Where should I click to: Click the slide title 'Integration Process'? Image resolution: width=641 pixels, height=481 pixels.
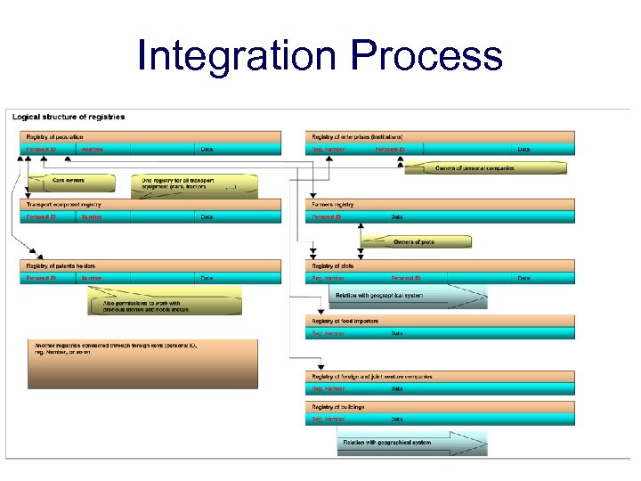point(320,55)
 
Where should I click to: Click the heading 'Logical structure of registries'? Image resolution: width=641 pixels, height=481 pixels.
point(69,117)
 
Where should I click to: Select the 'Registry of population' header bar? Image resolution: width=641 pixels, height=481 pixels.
point(150,136)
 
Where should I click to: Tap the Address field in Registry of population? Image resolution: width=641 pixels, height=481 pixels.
point(92,150)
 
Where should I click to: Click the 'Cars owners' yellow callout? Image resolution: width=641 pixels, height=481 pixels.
point(70,183)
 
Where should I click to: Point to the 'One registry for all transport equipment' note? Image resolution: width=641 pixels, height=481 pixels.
point(194,184)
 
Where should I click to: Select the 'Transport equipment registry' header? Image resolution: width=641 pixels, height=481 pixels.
point(150,204)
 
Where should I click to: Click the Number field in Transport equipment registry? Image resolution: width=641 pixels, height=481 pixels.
point(92,216)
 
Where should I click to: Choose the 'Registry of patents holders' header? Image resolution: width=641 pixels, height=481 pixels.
point(150,265)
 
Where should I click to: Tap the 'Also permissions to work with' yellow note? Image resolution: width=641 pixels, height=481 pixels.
point(164,306)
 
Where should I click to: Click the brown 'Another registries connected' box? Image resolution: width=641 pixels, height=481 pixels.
point(142,363)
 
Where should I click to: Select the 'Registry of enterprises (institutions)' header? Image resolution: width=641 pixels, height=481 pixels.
point(440,136)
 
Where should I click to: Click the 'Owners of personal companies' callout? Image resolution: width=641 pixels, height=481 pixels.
point(481,167)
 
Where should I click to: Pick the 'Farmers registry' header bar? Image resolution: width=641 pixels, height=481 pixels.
point(440,204)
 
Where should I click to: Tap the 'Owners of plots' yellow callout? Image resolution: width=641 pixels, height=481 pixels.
point(417,241)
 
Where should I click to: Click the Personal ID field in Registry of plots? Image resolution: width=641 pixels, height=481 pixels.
point(405,278)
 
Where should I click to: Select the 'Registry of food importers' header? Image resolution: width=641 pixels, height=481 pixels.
point(440,321)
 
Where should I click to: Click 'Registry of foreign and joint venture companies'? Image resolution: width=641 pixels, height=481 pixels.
point(440,376)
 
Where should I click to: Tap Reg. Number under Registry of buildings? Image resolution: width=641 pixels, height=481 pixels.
point(328,419)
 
